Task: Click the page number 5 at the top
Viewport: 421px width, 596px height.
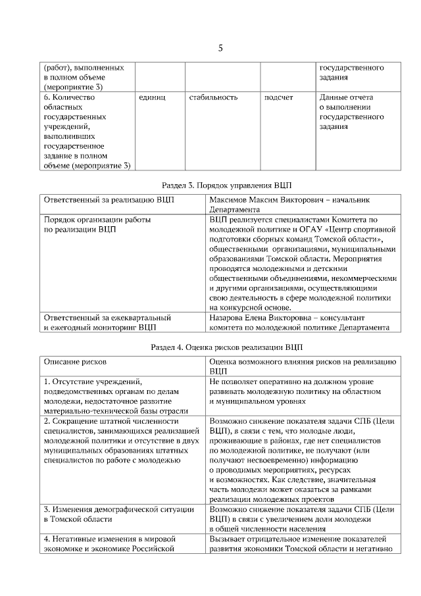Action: point(220,47)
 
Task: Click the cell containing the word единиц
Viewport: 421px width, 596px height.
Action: point(152,98)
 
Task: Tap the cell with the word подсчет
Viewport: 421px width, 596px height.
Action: point(278,98)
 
